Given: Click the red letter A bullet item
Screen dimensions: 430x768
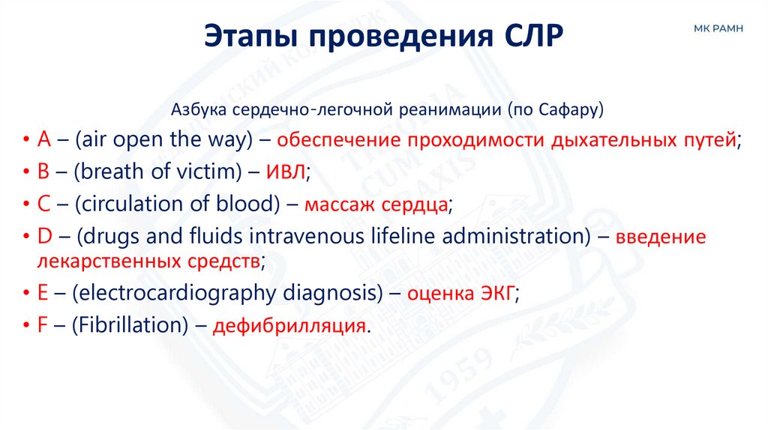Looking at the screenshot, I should (x=43, y=140).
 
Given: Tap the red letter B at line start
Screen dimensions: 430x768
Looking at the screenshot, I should (x=43, y=172).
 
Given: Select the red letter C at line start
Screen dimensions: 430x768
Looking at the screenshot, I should (x=43, y=205).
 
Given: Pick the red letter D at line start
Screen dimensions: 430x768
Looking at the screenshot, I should (x=44, y=237).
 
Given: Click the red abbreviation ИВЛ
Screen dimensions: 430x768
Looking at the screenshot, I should (x=285, y=172).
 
